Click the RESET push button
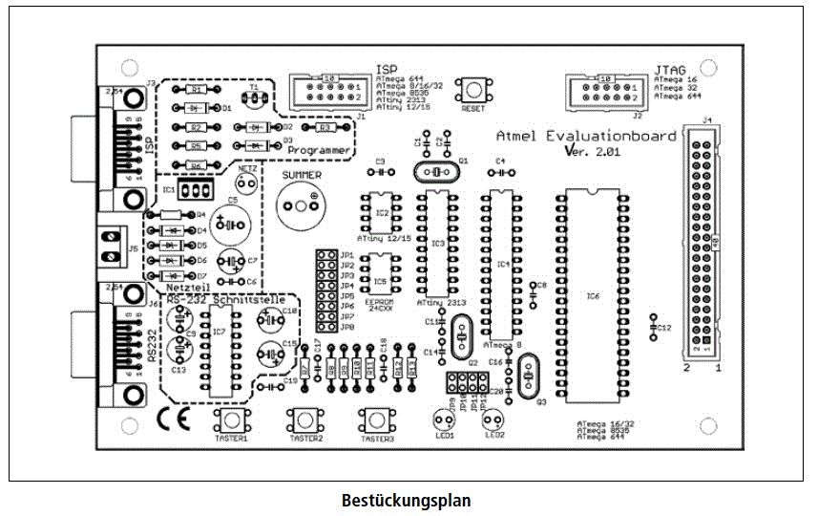click(x=472, y=91)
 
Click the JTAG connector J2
click(x=608, y=91)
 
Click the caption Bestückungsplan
click(x=406, y=500)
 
